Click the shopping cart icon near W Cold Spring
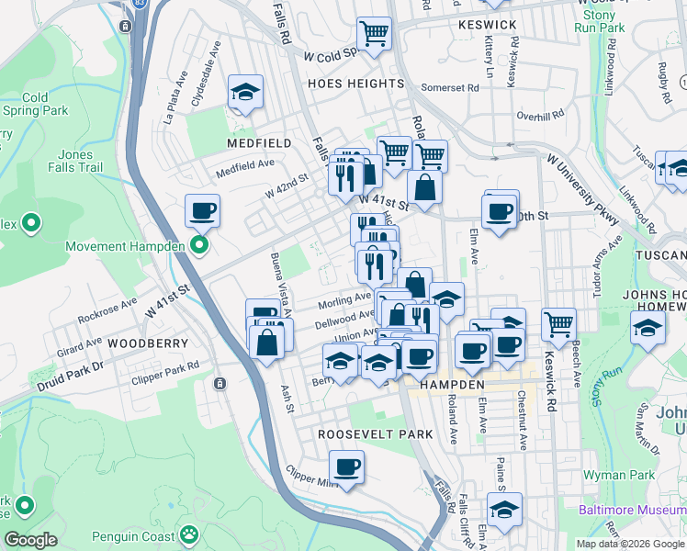point(374,34)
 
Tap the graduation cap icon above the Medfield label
point(246,92)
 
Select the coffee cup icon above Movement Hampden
point(202,211)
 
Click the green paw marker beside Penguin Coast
point(188,534)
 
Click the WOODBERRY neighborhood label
point(148,343)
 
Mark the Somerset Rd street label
point(450,88)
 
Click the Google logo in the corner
point(31,540)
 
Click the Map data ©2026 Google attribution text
point(630,544)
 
